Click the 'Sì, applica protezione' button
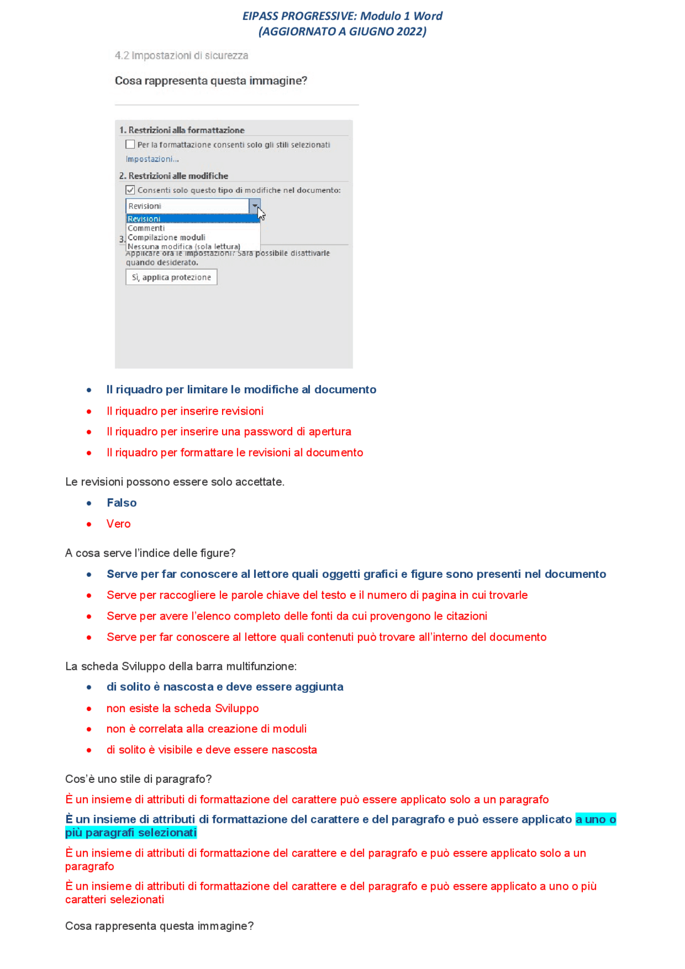coord(171,277)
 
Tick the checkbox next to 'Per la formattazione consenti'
coord(130,144)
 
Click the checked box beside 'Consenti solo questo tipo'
coord(130,190)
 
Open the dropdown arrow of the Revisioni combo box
coord(255,206)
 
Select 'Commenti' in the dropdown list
coord(146,228)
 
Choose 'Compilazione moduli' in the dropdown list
coord(166,237)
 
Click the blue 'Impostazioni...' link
coord(152,159)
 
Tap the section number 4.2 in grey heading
coord(122,56)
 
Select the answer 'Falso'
coord(121,503)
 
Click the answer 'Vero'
coord(118,524)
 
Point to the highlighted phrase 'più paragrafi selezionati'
coord(131,833)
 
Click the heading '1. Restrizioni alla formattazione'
coord(181,130)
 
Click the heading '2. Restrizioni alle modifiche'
coord(173,176)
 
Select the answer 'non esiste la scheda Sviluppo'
coord(182,708)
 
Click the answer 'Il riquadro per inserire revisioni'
coord(185,411)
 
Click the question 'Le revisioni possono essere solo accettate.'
coord(174,482)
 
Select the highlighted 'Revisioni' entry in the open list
coord(144,219)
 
